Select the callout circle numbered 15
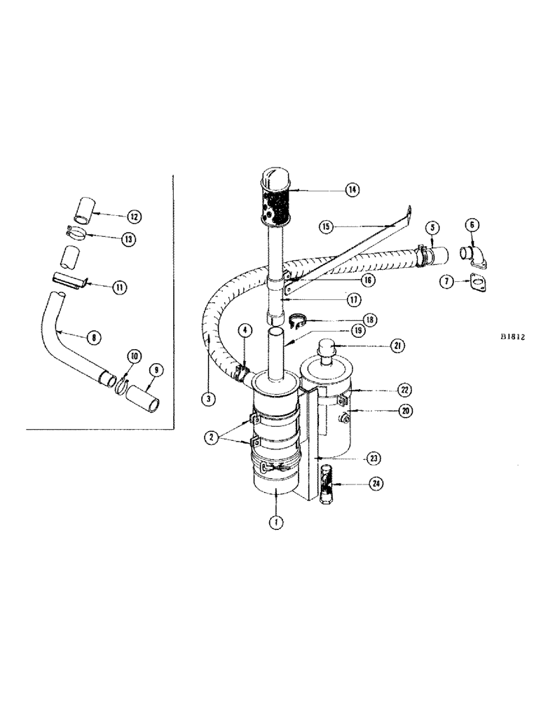(325, 226)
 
